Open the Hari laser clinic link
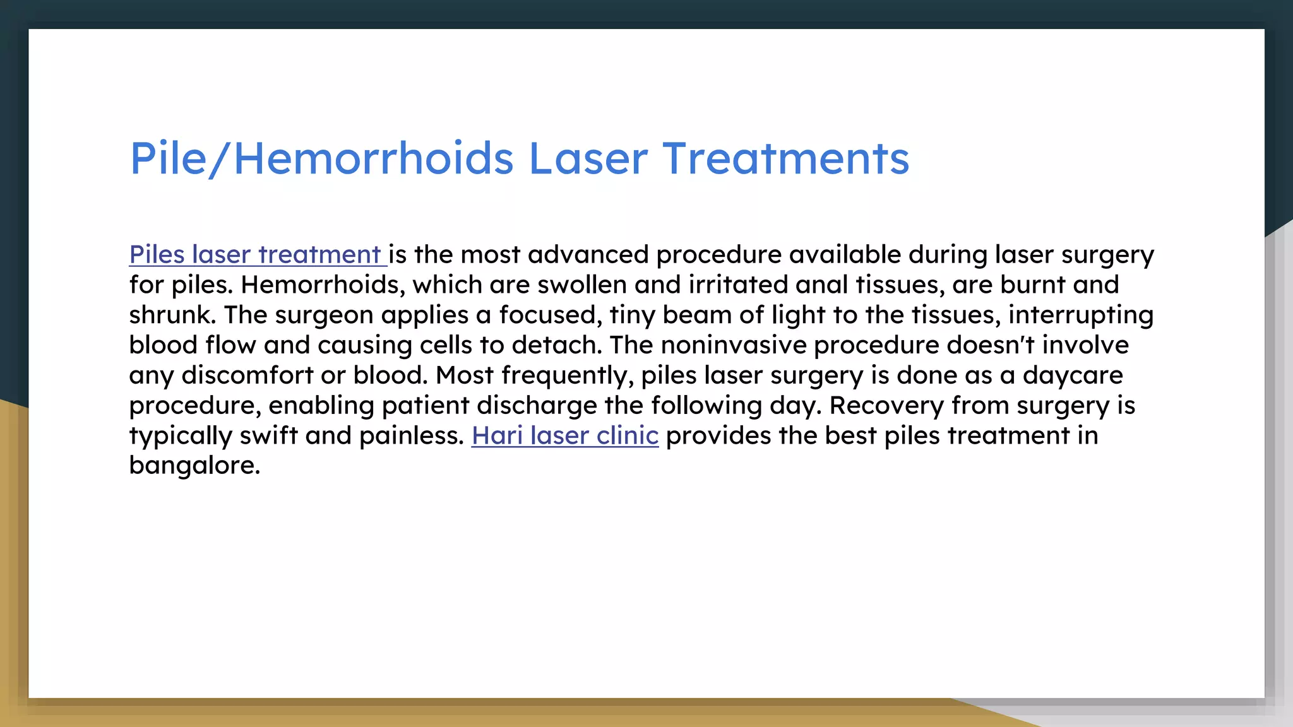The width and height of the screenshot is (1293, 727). [x=565, y=435]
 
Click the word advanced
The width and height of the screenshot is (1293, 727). [x=588, y=254]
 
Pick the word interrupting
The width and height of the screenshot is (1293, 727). [x=1081, y=315]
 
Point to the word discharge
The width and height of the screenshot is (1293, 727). [x=537, y=405]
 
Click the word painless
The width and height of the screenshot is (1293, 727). [x=412, y=435]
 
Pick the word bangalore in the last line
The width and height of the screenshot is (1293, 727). [x=194, y=466]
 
